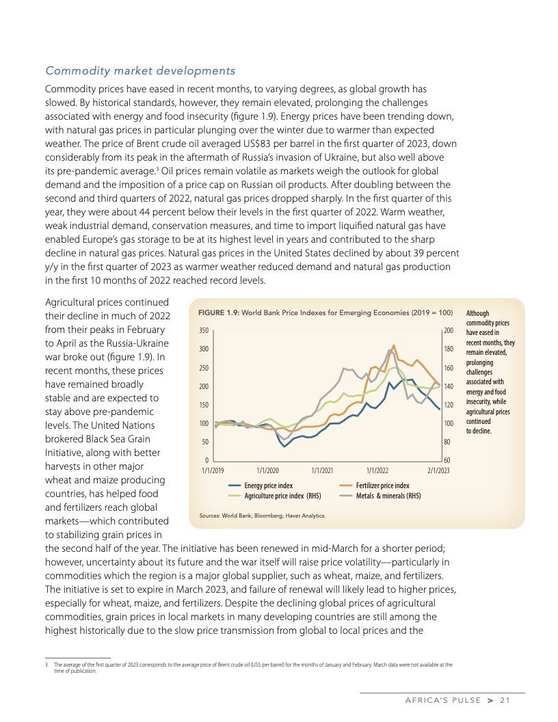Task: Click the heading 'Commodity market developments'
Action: pos(140,71)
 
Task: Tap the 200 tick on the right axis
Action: pos(449,331)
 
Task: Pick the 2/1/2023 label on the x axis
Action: pos(439,470)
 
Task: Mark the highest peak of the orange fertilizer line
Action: pos(394,345)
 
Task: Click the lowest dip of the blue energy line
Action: pos(284,446)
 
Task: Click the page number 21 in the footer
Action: pos(505,699)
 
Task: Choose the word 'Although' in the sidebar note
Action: pos(477,313)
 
